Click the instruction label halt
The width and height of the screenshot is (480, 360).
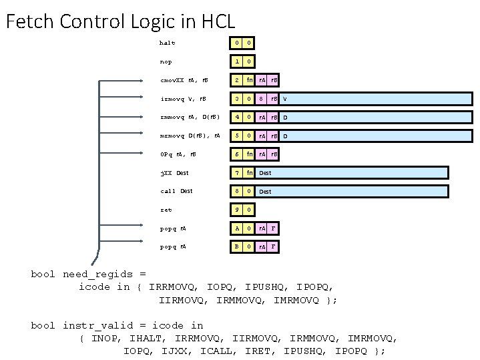(x=167, y=43)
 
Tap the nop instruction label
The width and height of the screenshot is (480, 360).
(x=166, y=62)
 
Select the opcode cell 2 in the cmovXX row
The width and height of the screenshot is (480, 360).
(x=235, y=81)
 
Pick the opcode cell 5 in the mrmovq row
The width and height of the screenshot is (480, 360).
(x=235, y=137)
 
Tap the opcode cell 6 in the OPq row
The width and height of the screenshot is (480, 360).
(x=235, y=155)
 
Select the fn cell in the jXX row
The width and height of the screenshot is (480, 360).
(x=248, y=173)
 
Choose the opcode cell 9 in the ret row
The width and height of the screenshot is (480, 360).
(x=235, y=210)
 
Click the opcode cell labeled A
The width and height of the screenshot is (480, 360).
(x=235, y=228)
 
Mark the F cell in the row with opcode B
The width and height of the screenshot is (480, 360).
(x=274, y=246)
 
